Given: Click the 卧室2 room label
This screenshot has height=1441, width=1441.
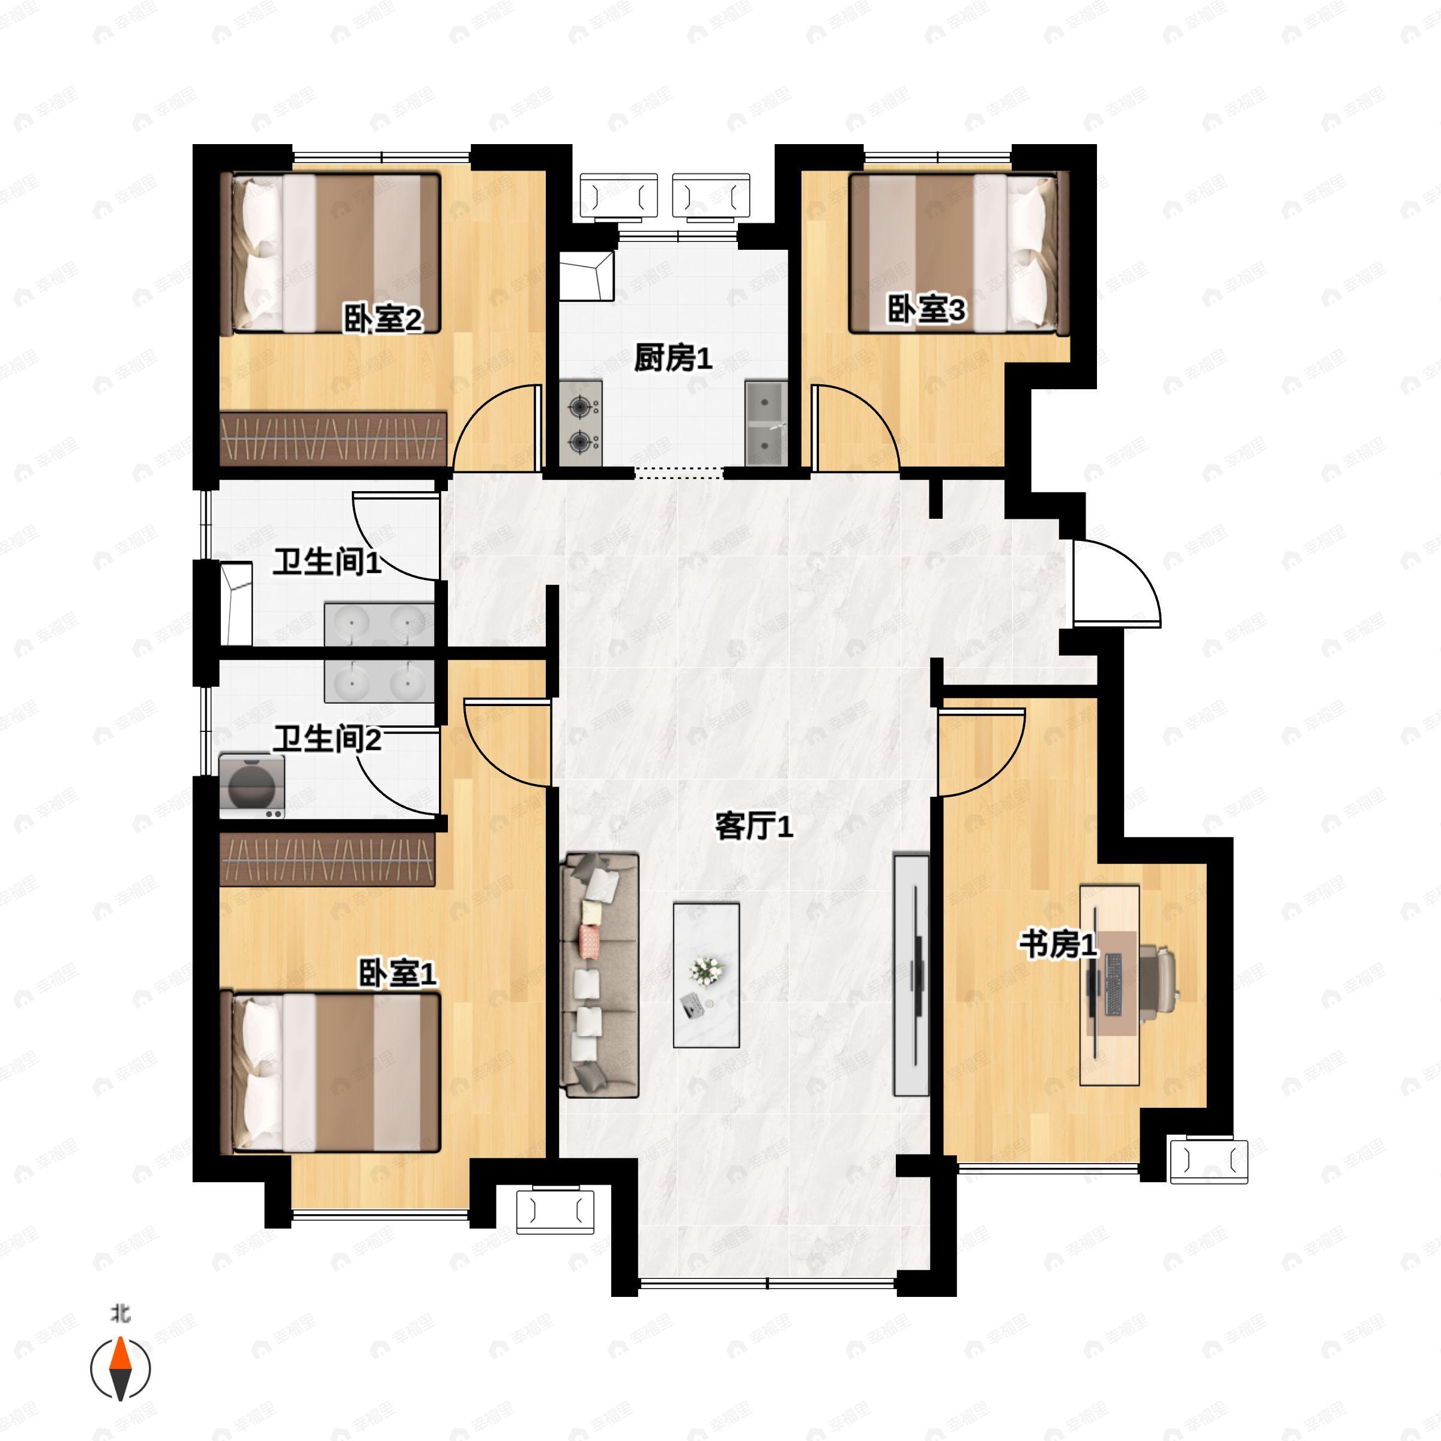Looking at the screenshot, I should (382, 320).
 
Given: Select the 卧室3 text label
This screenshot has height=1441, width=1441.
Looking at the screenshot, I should (926, 310).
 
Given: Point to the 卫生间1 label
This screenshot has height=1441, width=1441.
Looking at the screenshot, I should (327, 563).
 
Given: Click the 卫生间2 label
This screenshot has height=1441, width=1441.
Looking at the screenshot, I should (327, 739).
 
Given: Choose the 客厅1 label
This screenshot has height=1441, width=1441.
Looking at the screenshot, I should (754, 826).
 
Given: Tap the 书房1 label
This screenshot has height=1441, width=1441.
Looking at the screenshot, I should (1057, 946).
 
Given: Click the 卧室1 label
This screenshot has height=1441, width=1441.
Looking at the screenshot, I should (397, 973).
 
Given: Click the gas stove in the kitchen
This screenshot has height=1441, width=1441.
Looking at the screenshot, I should (580, 424).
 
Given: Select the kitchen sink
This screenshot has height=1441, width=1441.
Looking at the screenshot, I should (766, 424).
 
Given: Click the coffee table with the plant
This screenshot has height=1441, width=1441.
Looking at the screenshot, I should (705, 975).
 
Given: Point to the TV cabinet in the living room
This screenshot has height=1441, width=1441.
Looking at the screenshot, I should (911, 975).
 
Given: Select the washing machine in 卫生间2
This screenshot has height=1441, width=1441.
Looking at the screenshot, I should (252, 786).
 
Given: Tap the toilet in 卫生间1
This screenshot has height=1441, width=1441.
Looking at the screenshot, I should (236, 604).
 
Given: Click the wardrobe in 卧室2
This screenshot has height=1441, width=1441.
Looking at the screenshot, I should (333, 438).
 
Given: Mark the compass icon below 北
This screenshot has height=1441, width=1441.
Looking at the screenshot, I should (120, 1369).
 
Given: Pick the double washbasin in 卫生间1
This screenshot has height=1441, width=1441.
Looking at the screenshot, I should (379, 624).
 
